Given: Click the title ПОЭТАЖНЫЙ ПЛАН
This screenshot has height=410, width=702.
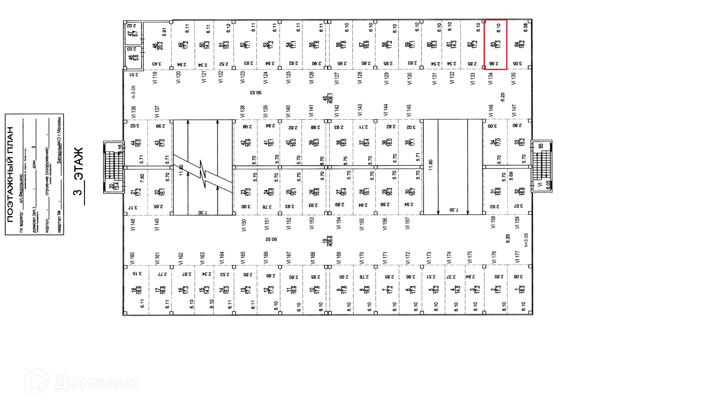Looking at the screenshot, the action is coord(11,174).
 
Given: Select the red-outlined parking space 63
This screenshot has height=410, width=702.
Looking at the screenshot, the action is coord(495,44).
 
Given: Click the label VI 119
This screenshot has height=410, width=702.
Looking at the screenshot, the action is coord(155,78).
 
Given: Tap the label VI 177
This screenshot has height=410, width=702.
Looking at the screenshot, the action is coord(517,257).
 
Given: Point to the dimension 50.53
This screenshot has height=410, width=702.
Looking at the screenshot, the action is coord(257,93).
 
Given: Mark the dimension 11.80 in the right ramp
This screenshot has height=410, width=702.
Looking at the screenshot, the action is coord(431,164).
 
